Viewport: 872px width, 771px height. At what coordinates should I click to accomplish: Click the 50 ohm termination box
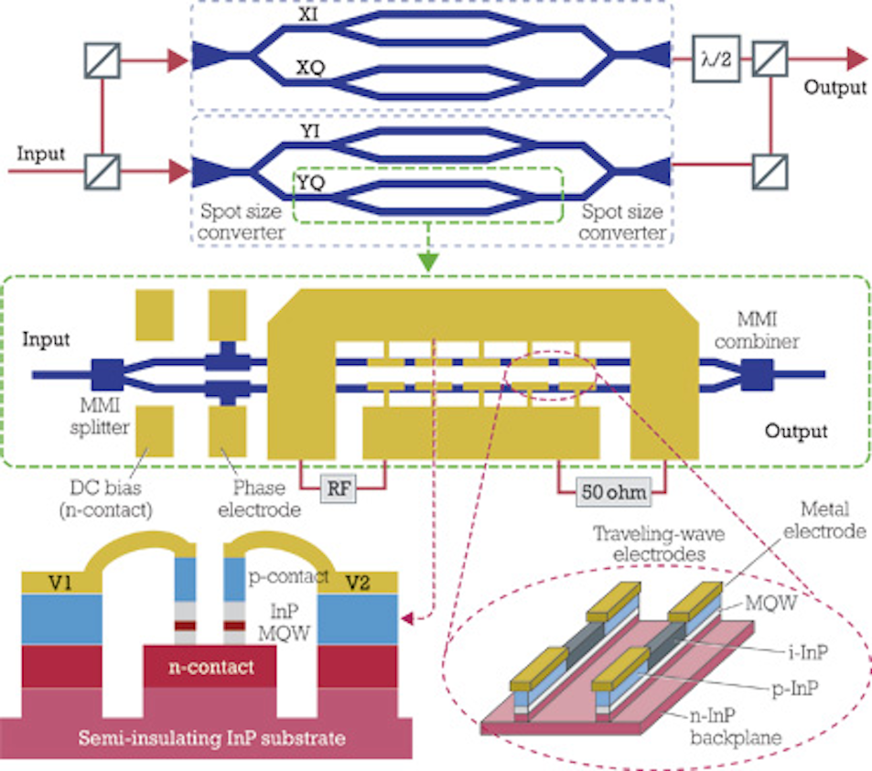[x=612, y=491]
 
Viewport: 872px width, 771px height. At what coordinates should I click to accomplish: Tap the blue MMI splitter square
[x=106, y=374]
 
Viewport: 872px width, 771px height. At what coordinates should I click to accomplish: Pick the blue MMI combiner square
[x=759, y=373]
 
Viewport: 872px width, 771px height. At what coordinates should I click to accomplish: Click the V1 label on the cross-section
[x=38, y=581]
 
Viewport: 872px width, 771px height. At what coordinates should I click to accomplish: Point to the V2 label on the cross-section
[x=359, y=581]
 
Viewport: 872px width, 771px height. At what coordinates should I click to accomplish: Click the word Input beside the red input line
[x=41, y=154]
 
